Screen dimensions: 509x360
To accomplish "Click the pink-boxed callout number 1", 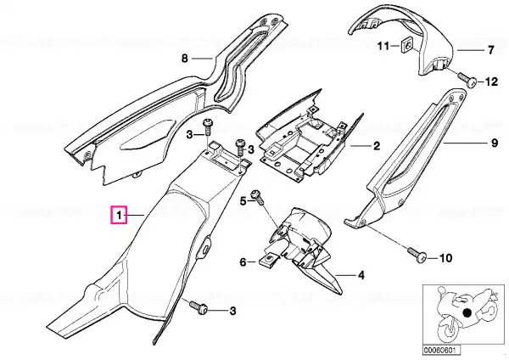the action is pyautogui.click(x=119, y=215).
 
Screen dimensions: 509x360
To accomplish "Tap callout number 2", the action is pyautogui.click(x=376, y=145).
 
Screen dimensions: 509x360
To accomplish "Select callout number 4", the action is pyautogui.click(x=361, y=276).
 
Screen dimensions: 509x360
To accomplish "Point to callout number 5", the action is pyautogui.click(x=243, y=201).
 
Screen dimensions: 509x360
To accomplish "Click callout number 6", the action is pyautogui.click(x=243, y=262).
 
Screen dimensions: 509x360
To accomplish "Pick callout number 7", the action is pyautogui.click(x=490, y=50).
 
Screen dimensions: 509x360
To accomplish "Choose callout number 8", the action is pyautogui.click(x=184, y=59).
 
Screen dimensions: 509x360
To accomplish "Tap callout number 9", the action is pyautogui.click(x=494, y=143).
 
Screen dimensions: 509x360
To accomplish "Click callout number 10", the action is pyautogui.click(x=445, y=258).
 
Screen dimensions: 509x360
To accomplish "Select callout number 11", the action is pyautogui.click(x=383, y=46).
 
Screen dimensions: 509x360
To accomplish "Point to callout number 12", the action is pyautogui.click(x=491, y=82).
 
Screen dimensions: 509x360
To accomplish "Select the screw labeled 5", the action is pyautogui.click(x=258, y=197).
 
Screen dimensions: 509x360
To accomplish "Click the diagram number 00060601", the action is pyautogui.click(x=437, y=351).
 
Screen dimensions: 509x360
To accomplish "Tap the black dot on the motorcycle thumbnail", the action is pyautogui.click(x=467, y=313).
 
